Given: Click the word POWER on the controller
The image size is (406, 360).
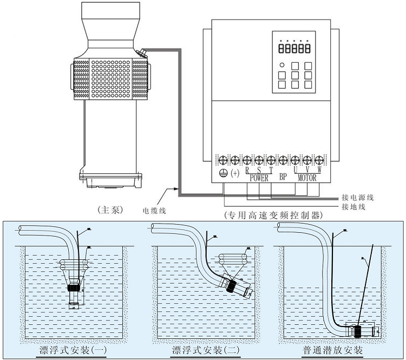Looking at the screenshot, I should [x=259, y=178].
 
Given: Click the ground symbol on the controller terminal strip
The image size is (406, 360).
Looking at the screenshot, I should [x=222, y=173].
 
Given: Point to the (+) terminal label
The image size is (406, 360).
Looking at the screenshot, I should [x=235, y=173].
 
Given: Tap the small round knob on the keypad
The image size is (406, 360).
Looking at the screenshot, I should [x=282, y=66].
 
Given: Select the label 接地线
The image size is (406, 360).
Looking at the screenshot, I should [x=355, y=206].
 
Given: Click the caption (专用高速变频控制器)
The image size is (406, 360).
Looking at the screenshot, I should [x=273, y=215].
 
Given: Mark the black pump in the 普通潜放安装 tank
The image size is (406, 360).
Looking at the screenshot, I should [x=357, y=330].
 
